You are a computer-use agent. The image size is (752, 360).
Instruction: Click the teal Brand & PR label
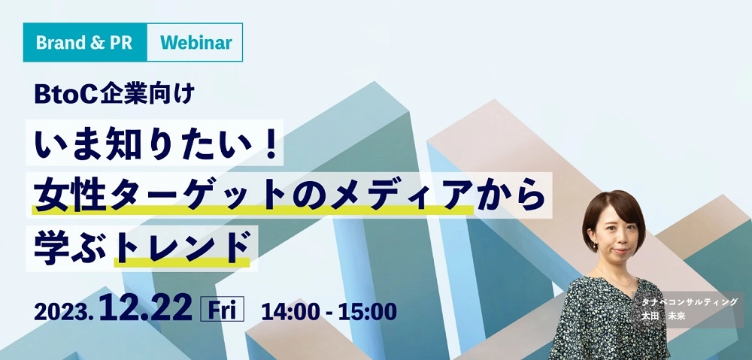85,43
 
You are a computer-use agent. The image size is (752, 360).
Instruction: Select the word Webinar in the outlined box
196,43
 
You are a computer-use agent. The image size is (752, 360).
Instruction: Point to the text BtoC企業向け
114,94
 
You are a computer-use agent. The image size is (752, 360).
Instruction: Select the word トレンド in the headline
183,247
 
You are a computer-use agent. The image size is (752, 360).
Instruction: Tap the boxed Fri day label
222,309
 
